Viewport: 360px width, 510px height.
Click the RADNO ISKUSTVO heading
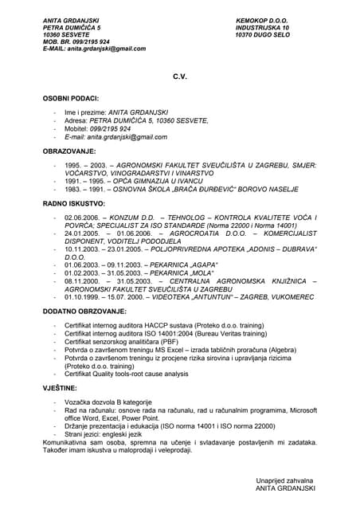[73, 203]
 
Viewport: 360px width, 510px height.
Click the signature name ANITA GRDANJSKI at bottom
[286, 488]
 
